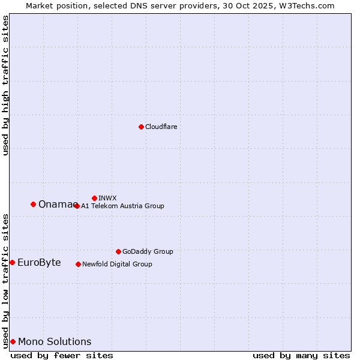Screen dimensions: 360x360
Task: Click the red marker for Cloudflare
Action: pos(141,127)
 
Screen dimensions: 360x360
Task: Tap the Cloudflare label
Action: pos(161,127)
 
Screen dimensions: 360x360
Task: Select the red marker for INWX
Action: pos(94,198)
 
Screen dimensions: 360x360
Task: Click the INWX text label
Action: pos(107,198)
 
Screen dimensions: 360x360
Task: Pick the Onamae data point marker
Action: pos(33,204)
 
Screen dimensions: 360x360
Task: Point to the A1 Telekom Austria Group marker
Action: pos(76,206)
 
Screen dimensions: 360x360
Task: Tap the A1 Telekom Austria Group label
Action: pos(122,206)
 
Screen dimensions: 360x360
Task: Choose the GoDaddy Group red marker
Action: pos(118,251)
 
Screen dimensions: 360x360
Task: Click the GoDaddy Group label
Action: pos(148,251)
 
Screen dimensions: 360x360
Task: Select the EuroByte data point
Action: pos(12,262)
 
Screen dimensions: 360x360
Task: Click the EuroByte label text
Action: pos(39,263)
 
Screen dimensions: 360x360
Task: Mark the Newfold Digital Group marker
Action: pos(78,264)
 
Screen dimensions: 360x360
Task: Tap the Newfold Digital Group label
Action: pos(117,264)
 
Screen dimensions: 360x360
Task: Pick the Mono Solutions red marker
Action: pos(13,341)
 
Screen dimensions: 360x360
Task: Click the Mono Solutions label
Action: pos(55,342)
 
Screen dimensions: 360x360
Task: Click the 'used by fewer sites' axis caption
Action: pos(62,355)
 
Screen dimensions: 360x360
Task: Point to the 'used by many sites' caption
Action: pos(301,355)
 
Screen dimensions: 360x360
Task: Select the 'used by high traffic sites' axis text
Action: pos(5,85)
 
